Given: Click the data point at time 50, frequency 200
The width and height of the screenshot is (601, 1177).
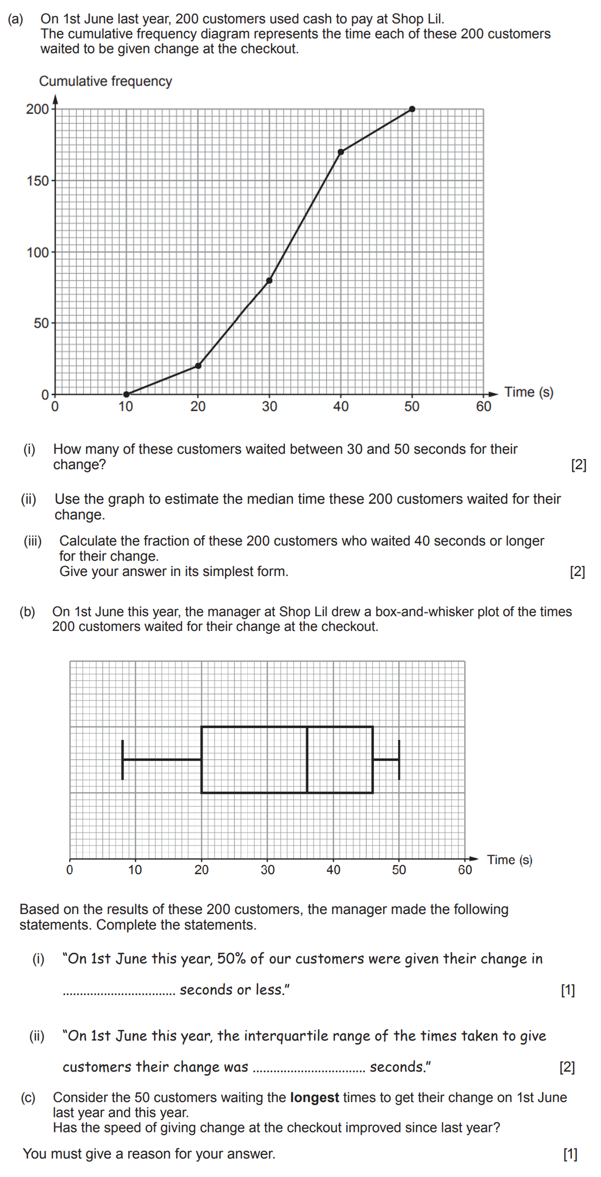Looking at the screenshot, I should click(x=412, y=109).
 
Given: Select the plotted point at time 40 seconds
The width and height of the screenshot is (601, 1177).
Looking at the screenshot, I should click(x=341, y=152).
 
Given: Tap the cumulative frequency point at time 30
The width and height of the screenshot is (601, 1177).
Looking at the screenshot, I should click(x=269, y=281).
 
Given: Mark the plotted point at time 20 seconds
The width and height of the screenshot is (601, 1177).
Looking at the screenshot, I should click(x=198, y=366).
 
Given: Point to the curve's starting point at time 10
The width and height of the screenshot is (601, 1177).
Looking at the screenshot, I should click(x=126, y=394).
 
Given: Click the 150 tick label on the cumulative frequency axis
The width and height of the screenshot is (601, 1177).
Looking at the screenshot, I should click(x=38, y=181).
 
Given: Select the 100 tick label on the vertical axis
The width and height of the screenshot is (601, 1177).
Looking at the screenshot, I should click(x=38, y=253).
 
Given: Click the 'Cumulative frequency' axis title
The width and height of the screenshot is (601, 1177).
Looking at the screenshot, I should click(x=105, y=81).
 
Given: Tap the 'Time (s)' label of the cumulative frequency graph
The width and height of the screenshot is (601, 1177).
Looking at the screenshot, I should click(x=529, y=392).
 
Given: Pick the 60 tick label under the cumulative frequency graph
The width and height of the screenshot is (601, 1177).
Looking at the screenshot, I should click(x=484, y=407).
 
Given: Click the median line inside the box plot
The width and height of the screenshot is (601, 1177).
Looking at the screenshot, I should click(x=307, y=760).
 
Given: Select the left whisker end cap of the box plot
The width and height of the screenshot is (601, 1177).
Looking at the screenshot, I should click(x=123, y=760).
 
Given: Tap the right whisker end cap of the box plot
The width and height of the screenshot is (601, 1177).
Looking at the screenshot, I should click(x=399, y=760).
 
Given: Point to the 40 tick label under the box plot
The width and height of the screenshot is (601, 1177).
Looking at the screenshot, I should click(x=333, y=870).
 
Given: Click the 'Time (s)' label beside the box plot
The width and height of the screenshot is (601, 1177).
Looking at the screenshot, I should click(x=509, y=860).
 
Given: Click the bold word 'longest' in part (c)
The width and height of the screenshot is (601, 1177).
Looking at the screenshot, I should click(x=314, y=1098).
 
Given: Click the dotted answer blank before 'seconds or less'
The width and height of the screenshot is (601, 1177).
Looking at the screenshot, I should click(x=119, y=992).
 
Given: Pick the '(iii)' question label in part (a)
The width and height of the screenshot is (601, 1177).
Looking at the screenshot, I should click(x=32, y=541).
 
